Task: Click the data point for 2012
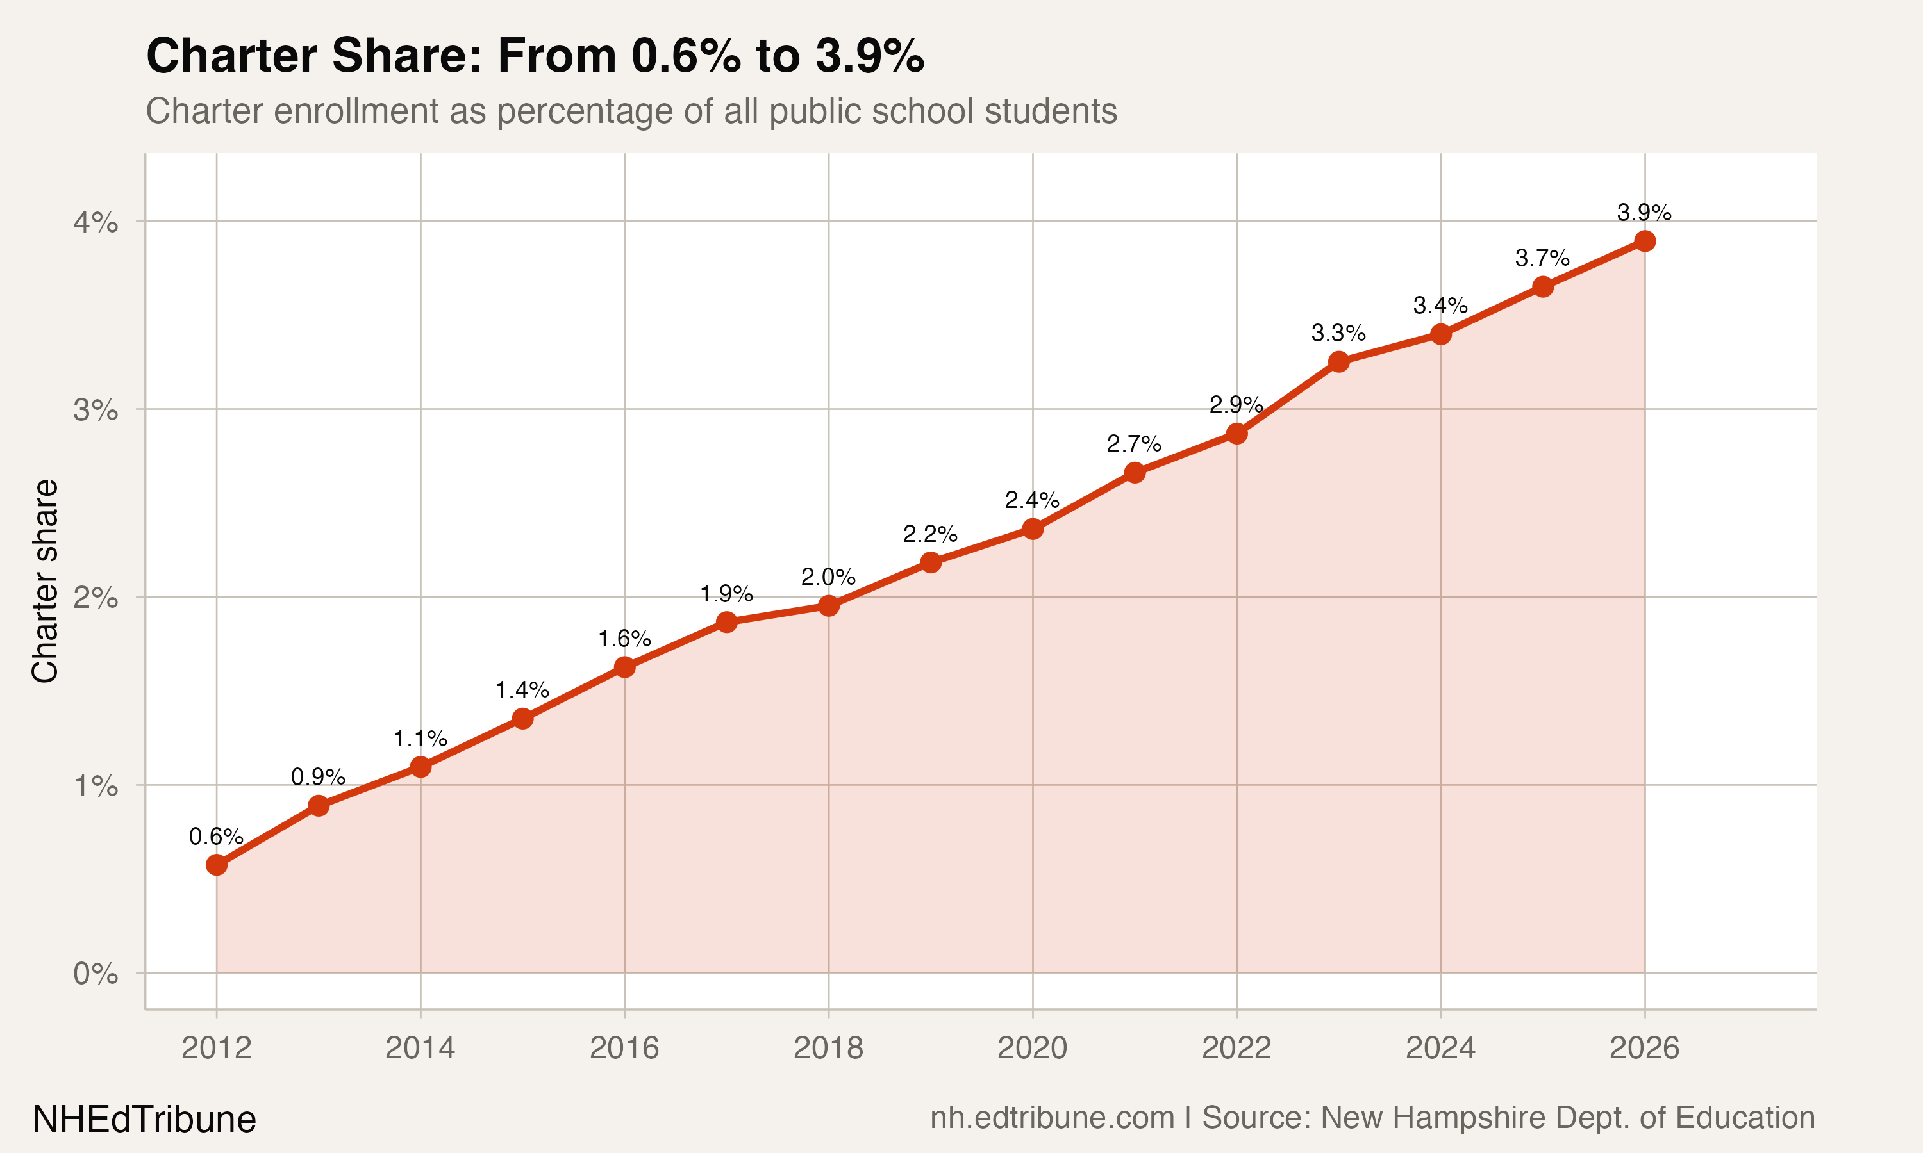point(216,865)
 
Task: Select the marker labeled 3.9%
point(1644,241)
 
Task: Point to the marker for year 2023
point(1338,361)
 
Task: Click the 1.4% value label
point(522,690)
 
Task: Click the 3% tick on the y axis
point(96,409)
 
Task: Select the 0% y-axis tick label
point(96,974)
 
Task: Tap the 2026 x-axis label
point(1644,1048)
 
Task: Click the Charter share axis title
point(45,581)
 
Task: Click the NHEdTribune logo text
point(145,1120)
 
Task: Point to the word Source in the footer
point(1253,1118)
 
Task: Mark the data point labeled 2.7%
point(1134,472)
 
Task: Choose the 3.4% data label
point(1440,306)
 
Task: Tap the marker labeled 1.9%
point(726,621)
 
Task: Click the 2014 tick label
point(420,1048)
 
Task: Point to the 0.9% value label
point(318,777)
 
